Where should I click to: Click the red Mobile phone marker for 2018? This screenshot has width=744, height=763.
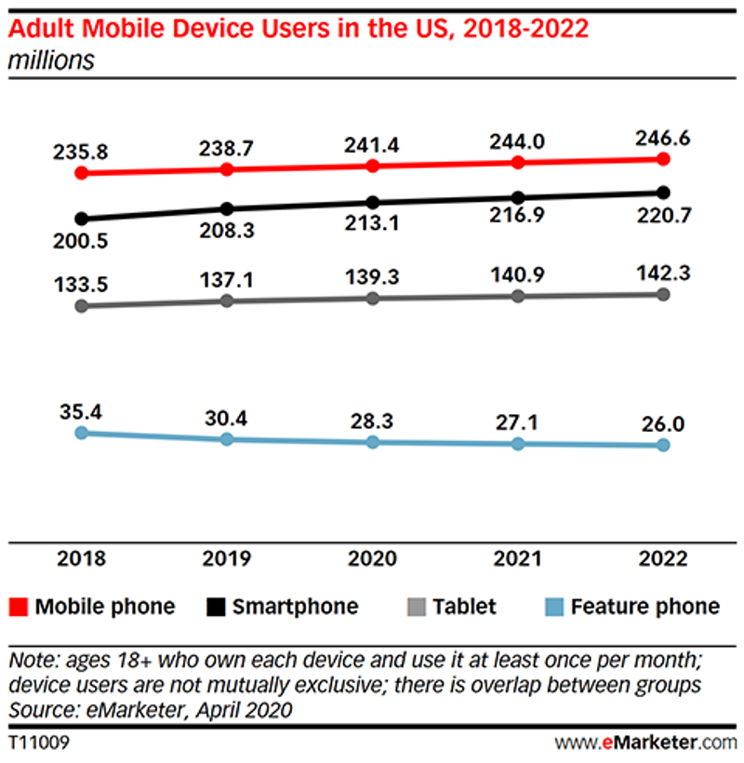[82, 173]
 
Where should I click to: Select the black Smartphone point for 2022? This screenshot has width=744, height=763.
[663, 193]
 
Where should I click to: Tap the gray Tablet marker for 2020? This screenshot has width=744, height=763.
[373, 299]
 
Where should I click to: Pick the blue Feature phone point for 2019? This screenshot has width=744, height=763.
[227, 439]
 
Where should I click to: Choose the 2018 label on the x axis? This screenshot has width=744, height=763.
[82, 559]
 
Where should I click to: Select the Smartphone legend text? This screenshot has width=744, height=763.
[295, 607]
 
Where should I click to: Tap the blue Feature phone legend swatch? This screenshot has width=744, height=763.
[554, 608]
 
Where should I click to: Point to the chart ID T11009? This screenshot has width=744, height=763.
[38, 743]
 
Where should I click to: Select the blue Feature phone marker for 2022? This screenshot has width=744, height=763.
[663, 446]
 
